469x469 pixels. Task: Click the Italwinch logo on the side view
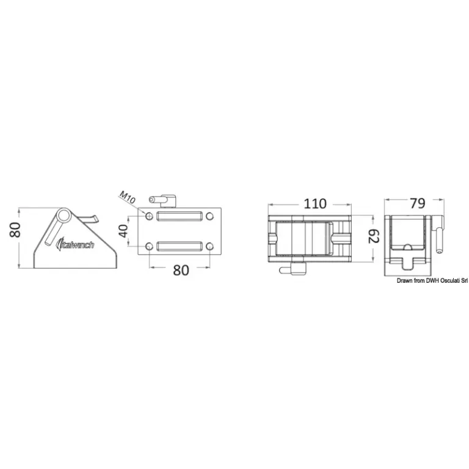[x=75, y=245]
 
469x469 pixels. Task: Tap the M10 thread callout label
[x=128, y=197]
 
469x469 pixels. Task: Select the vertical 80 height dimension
[x=15, y=230]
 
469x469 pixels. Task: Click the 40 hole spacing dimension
[x=123, y=231]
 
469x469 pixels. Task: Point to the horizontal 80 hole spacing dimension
[x=181, y=271]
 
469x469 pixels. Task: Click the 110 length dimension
[x=315, y=204]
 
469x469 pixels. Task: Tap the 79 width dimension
[x=417, y=203]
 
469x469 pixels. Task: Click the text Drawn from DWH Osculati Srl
[x=432, y=280]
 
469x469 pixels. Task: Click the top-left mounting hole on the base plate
[x=149, y=216]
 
